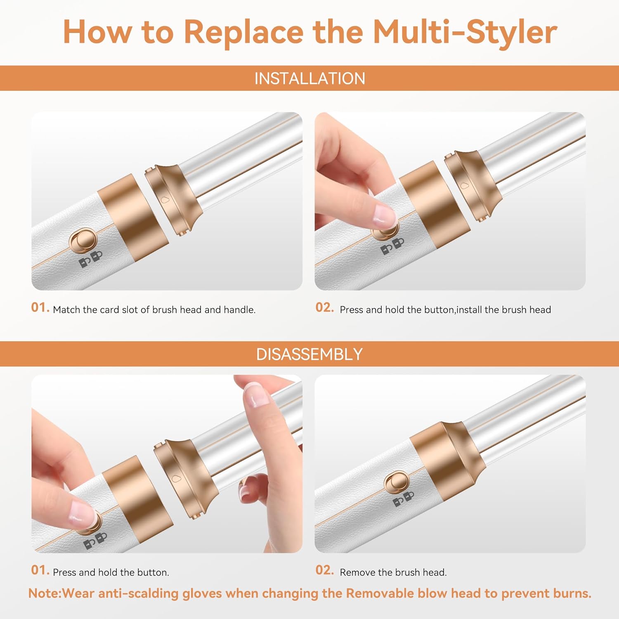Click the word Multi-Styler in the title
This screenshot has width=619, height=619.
pos(465,32)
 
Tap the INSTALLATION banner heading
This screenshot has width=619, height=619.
pos(309,78)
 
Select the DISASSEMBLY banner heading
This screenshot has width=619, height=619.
pos(309,354)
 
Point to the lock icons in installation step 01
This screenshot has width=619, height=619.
pos(90,260)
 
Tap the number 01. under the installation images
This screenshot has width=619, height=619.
pos(40,307)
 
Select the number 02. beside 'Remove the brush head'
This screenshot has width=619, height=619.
pos(324,570)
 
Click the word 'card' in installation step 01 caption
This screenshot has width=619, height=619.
pos(109,310)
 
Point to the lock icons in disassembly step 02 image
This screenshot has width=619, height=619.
pos(404,499)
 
